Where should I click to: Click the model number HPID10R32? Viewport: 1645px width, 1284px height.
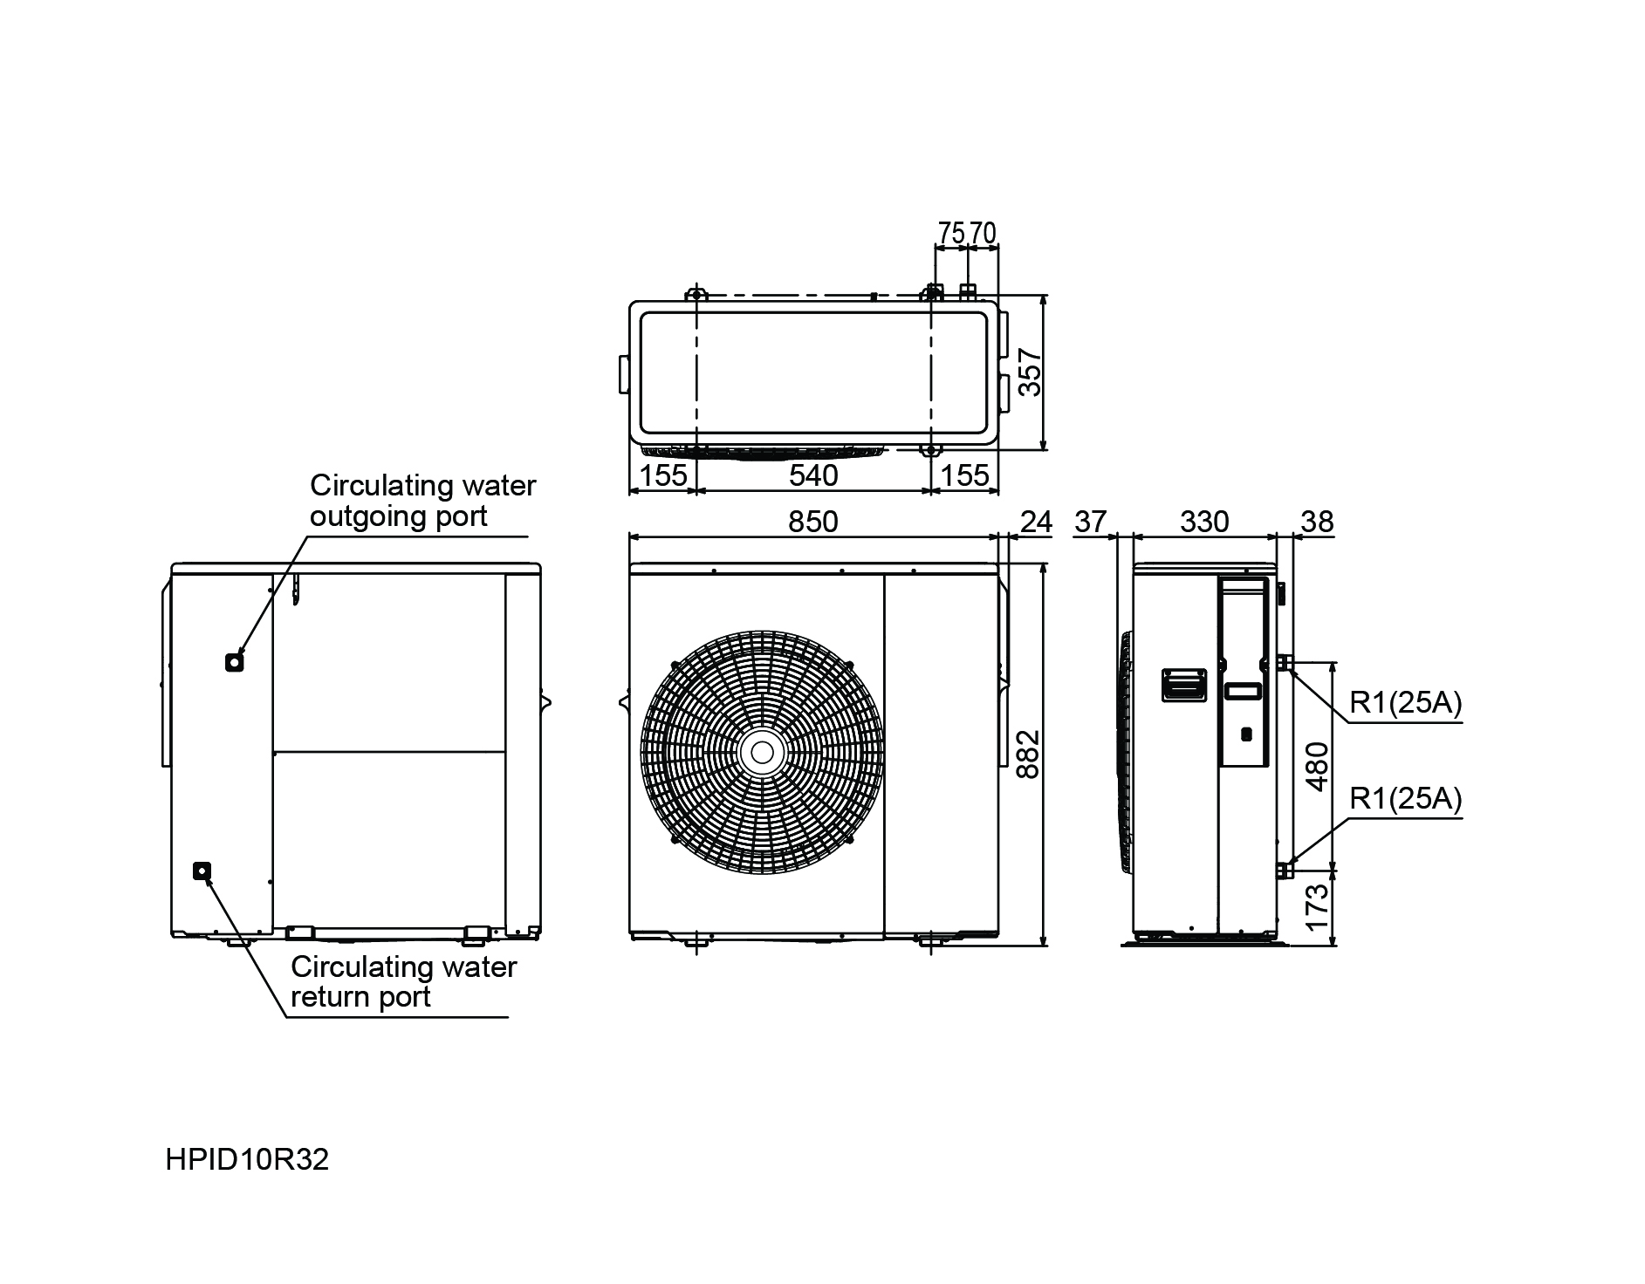247,1160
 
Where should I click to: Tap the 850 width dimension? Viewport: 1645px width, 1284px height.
812,522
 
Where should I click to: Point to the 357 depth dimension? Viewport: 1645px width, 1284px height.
1031,372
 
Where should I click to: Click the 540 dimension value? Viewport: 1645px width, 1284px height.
812,475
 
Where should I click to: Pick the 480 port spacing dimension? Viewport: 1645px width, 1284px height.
1317,766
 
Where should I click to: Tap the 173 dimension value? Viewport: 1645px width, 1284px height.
1317,907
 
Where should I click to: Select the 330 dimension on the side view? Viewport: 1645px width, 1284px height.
1204,522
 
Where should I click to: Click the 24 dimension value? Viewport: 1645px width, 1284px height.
1036,522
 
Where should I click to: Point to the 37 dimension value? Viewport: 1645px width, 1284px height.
1090,522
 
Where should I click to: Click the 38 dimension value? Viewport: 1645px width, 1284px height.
1317,522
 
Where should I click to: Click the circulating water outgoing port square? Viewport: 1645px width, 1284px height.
233,663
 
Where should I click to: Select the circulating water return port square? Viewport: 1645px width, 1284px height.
202,871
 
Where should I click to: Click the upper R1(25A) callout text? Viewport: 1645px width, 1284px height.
1405,703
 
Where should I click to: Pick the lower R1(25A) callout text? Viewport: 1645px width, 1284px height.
1405,798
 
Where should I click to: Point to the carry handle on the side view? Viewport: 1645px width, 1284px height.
1183,685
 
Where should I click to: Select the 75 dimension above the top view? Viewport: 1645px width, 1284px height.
950,233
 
